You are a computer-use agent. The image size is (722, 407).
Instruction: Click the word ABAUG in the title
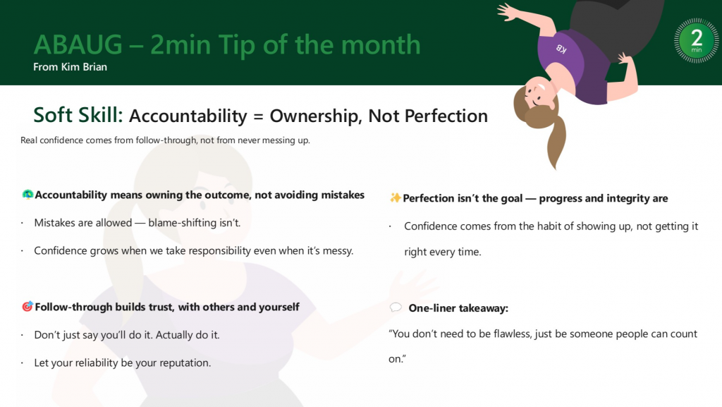pyautogui.click(x=78, y=44)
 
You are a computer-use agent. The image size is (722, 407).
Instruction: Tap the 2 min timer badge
pyautogui.click(x=696, y=40)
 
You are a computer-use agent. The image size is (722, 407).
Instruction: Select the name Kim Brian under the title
pyautogui.click(x=84, y=67)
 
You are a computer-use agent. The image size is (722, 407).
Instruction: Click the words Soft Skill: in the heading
pyautogui.click(x=78, y=115)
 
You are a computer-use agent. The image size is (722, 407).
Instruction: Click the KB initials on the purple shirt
pyautogui.click(x=561, y=49)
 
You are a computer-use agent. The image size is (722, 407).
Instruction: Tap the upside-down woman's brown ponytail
pyautogui.click(x=557, y=142)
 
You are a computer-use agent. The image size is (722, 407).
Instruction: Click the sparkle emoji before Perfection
pyautogui.click(x=395, y=198)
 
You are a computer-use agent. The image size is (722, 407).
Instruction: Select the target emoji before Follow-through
pyautogui.click(x=27, y=306)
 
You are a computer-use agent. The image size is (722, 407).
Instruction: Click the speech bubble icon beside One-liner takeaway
pyautogui.click(x=396, y=307)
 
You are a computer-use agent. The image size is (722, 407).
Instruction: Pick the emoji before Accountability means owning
pyautogui.click(x=27, y=194)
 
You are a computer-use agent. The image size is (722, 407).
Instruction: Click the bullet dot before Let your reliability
pyautogui.click(x=22, y=363)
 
